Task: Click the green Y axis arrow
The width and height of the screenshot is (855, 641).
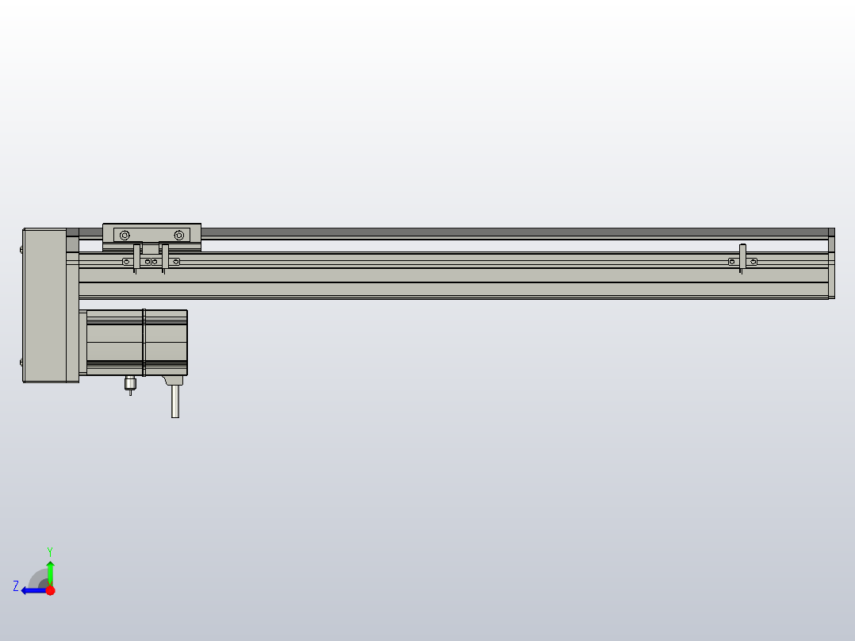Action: click(50, 570)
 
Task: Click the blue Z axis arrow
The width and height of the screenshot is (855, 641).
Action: click(31, 590)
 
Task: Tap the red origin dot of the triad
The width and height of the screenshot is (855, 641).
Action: click(50, 590)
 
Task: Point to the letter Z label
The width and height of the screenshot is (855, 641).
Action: click(16, 586)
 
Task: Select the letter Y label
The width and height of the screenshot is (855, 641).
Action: click(50, 551)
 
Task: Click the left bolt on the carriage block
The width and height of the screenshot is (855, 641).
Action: click(125, 235)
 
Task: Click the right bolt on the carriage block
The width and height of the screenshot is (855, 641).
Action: click(179, 235)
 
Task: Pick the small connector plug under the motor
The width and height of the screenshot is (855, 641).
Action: click(131, 385)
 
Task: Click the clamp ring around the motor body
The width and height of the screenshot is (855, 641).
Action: click(144, 342)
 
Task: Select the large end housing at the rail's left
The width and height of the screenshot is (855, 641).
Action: click(44, 305)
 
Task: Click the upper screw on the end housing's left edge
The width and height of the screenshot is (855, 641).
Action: click(21, 249)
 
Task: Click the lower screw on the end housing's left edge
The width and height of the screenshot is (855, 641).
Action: click(21, 363)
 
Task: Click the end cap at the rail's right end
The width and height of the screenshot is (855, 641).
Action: click(831, 264)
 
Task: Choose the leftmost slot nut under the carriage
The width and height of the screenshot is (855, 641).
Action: click(125, 262)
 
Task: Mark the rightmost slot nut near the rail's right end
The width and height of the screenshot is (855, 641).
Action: click(753, 262)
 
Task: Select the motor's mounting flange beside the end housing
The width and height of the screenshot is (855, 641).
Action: click(82, 343)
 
